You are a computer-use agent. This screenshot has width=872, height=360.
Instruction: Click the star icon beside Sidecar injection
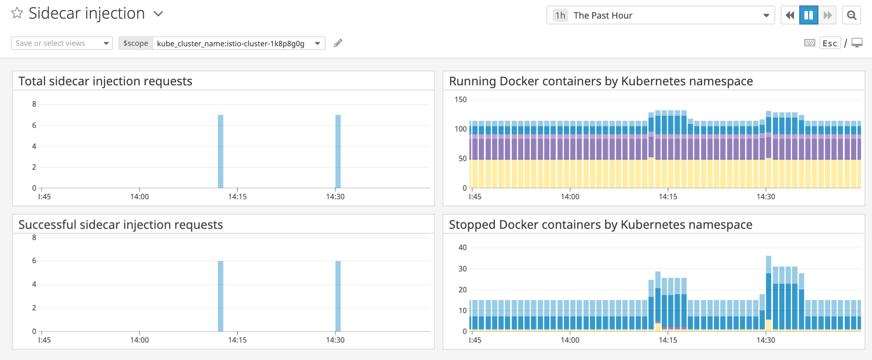[17, 13]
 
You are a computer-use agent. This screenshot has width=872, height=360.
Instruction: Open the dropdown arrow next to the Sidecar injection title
[158, 14]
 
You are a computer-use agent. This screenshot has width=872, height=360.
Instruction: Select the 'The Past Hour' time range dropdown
[660, 15]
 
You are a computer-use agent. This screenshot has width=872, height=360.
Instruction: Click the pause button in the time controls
[808, 15]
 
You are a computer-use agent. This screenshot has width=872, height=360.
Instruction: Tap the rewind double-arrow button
[790, 15]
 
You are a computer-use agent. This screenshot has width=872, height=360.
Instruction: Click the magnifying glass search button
[852, 15]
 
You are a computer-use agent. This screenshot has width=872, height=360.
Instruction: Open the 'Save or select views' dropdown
[62, 43]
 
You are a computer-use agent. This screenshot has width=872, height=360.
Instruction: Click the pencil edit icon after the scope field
[338, 43]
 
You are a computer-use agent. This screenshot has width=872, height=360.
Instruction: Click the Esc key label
[830, 44]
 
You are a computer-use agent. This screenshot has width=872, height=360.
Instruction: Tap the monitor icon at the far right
[857, 43]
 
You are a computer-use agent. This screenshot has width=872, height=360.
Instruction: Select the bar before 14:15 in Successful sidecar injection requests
[221, 296]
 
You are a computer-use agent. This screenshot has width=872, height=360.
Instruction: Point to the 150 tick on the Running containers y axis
[461, 99]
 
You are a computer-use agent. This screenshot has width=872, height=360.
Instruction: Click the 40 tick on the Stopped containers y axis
[462, 247]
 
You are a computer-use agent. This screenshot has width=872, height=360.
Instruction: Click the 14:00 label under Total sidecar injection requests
[139, 197]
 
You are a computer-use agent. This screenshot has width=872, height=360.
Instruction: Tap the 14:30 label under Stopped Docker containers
[766, 340]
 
